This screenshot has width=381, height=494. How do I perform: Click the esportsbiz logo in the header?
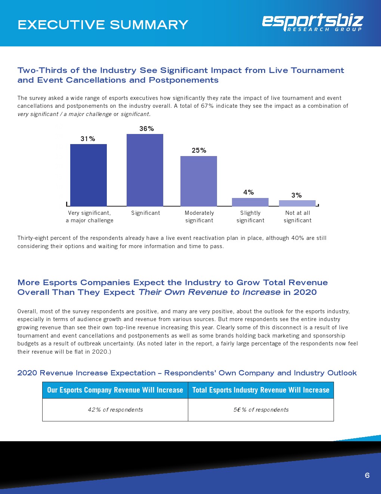(312, 22)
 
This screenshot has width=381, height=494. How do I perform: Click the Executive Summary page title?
(103, 25)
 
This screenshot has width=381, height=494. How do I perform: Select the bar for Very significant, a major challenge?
(89, 175)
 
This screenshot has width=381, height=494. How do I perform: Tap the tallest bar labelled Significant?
(145, 170)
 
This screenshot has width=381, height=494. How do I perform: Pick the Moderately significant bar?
(199, 181)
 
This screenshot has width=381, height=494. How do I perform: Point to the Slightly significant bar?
(250, 202)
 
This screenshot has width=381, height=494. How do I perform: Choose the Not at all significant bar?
(297, 203)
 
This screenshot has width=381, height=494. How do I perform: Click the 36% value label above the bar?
(146, 129)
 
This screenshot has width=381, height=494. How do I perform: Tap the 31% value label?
(88, 139)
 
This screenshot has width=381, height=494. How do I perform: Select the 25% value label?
(199, 150)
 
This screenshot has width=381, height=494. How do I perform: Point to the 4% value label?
(248, 192)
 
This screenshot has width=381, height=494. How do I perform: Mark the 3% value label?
(296, 195)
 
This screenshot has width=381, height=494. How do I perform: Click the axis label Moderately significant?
(199, 217)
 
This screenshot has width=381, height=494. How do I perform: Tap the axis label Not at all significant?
(297, 217)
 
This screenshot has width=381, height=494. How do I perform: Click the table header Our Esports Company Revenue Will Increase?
(115, 390)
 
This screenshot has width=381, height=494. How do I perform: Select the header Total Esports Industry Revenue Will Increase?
(261, 390)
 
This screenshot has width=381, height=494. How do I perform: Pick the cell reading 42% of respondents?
(115, 410)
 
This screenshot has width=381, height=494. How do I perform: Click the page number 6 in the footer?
(367, 475)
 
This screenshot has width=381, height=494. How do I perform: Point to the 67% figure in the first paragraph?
(207, 106)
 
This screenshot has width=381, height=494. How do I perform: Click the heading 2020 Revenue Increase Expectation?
(86, 373)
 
